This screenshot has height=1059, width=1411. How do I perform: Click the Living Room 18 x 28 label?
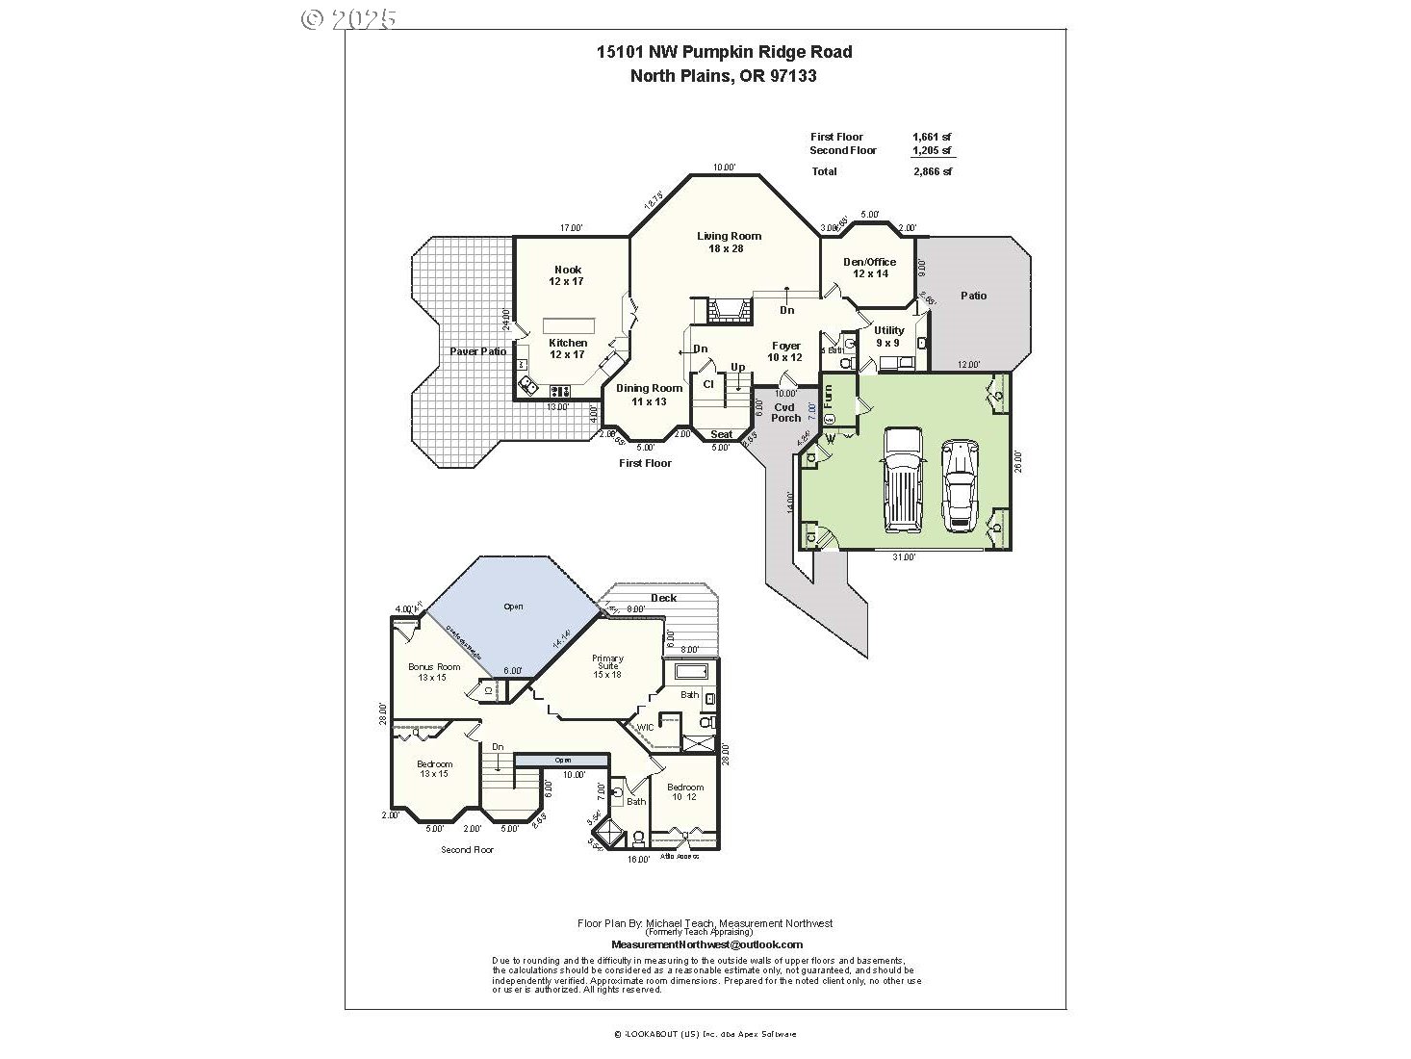tap(729, 243)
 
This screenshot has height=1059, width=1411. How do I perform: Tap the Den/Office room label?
tap(869, 268)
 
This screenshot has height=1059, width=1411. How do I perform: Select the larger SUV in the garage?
tap(902, 479)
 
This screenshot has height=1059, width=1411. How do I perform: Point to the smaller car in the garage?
tap(960, 485)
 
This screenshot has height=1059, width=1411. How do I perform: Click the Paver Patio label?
tap(477, 351)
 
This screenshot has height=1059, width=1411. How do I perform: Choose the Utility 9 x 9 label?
tap(887, 336)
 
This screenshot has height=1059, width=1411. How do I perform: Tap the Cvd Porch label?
tap(785, 412)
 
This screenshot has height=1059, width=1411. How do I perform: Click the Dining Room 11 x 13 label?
tap(649, 395)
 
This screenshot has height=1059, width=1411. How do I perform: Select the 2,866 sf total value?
tap(932, 171)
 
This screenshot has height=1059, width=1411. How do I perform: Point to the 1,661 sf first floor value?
tap(932, 137)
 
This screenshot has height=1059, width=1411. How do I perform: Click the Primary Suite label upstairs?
tap(607, 666)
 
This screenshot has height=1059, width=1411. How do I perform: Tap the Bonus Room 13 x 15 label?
tap(434, 672)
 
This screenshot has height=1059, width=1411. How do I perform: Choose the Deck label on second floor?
tap(663, 598)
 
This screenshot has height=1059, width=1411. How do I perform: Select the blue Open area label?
tap(513, 607)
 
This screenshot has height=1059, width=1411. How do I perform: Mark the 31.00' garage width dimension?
tap(903, 556)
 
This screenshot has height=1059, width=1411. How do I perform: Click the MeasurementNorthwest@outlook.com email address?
tap(706, 944)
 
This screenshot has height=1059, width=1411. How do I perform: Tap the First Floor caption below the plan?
tap(645, 463)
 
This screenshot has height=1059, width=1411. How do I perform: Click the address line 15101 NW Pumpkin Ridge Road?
tap(724, 52)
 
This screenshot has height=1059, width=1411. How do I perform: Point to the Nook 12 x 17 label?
tap(567, 275)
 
